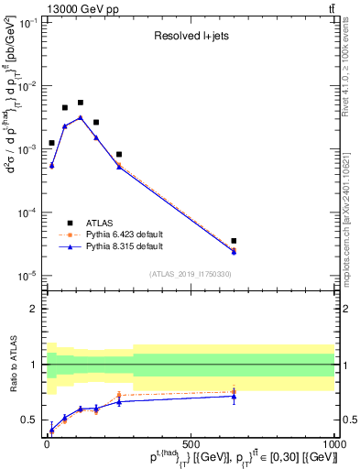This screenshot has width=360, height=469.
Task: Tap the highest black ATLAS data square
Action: (81, 103)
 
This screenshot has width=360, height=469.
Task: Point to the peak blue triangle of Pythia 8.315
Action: (81, 117)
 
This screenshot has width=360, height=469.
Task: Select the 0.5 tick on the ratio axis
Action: (31, 420)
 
